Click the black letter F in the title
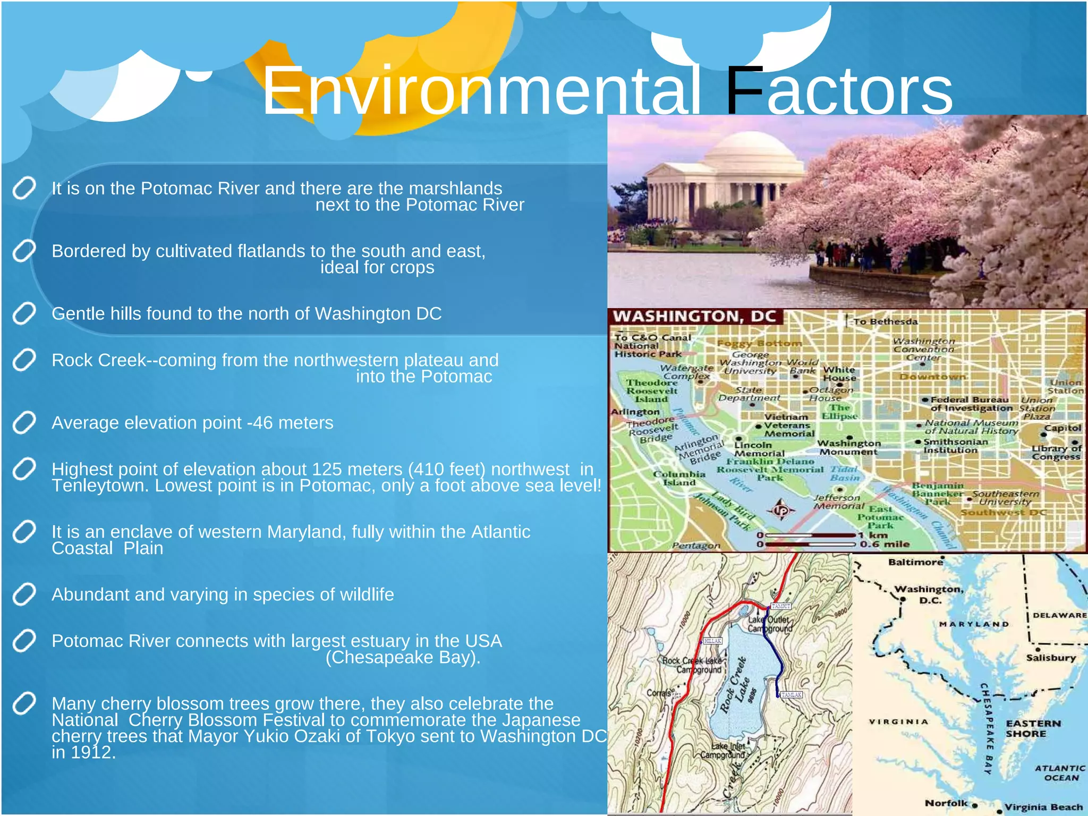click(743, 90)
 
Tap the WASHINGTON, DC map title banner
click(694, 317)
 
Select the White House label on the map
click(839, 373)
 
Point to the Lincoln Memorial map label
click(759, 449)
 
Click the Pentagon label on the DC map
click(695, 546)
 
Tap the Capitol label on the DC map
click(1062, 428)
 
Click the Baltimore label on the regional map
click(915, 562)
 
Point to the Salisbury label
click(1050, 658)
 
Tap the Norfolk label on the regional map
click(946, 803)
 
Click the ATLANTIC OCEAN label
click(1060, 773)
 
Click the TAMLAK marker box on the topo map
click(791, 695)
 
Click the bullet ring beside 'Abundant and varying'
click(24, 594)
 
